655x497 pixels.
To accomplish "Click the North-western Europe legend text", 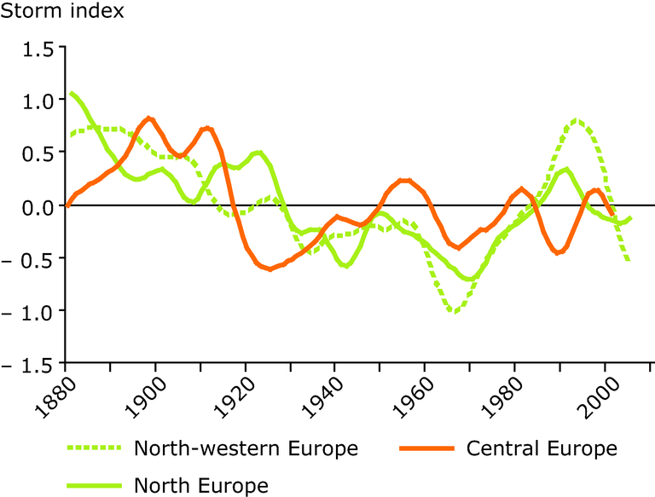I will (x=246, y=448).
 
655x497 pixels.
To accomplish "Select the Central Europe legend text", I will (x=542, y=448).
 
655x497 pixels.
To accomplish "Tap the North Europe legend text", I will (x=201, y=486).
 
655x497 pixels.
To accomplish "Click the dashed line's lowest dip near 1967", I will (x=455, y=311).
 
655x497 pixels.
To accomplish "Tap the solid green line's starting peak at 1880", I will (x=72, y=93).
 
